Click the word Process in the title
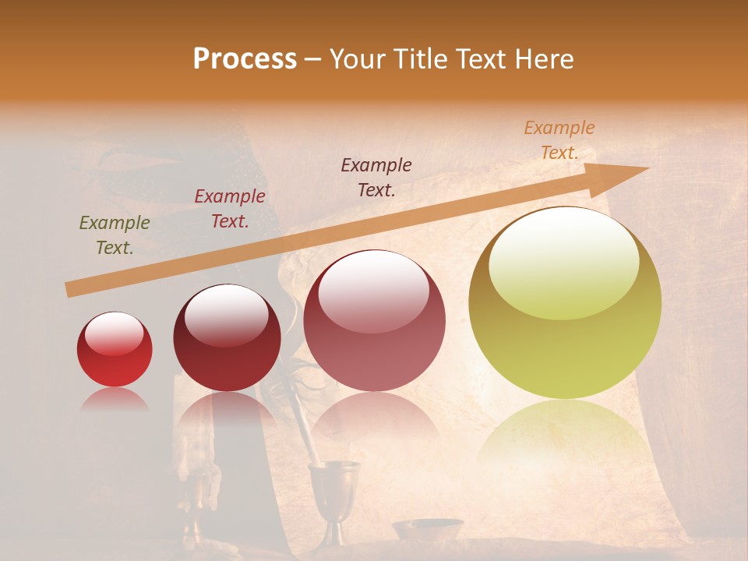(245, 59)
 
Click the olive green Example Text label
(114, 235)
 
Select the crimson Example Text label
(229, 209)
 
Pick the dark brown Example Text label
(376, 178)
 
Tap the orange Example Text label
(559, 140)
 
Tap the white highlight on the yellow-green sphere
(563, 261)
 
